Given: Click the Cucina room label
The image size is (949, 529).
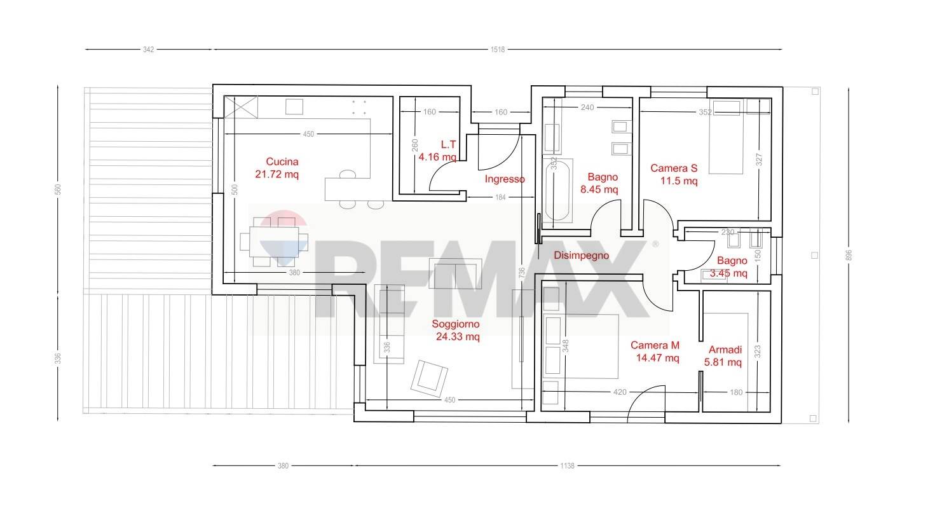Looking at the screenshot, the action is (282, 161).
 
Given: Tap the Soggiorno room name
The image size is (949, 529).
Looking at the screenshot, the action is (456, 324).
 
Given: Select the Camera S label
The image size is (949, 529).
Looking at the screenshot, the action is (674, 168).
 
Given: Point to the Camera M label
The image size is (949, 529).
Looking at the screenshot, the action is (655, 345).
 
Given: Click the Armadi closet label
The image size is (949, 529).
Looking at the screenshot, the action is (725, 350).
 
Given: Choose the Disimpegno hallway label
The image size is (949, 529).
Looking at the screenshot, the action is (581, 256).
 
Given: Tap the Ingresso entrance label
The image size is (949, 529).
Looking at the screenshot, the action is (505, 179).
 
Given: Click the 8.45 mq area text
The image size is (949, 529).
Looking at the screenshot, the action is (599, 189).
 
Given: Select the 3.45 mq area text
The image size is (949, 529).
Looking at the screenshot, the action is (728, 273).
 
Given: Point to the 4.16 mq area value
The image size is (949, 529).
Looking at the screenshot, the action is (438, 157).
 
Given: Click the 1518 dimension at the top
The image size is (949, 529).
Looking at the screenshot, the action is (498, 50).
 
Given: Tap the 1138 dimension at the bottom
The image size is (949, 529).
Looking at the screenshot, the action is (567, 466).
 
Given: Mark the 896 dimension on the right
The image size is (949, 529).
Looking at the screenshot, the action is (848, 255).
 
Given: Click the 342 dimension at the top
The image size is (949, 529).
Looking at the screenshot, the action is (148, 50).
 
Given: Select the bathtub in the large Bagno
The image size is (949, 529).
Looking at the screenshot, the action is (557, 190).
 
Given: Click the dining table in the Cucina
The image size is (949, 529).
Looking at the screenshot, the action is (274, 242).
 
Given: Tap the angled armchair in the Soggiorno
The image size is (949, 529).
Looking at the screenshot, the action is (429, 378).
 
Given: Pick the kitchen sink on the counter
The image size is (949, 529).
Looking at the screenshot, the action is (294, 107).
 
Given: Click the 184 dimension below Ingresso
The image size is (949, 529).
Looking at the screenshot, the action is (500, 197).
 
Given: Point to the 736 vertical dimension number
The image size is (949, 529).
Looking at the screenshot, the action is (521, 272).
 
